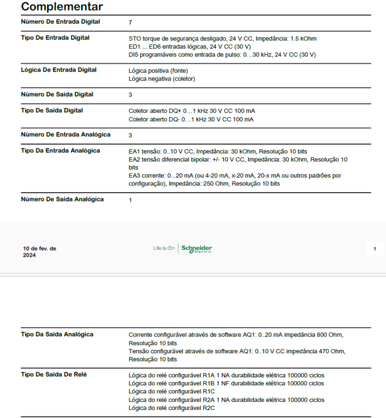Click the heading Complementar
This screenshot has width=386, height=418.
[62, 7]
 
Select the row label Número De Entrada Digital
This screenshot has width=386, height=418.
[61, 22]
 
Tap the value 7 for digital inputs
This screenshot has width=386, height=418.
[130, 23]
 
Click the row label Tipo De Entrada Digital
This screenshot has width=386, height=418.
[55, 38]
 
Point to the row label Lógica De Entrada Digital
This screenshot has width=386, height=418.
[58, 70]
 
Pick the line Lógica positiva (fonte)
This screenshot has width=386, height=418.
[155, 71]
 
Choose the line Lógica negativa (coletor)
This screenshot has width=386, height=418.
[162, 79]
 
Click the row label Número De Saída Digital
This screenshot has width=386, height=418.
[57, 94]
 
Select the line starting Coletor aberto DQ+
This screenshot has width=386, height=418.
[192, 111]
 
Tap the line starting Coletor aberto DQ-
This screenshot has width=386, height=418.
[191, 120]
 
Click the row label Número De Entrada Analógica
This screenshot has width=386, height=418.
[66, 135]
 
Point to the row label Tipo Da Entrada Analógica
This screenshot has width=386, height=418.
[61, 150]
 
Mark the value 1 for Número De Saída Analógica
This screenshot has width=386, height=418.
[130, 200]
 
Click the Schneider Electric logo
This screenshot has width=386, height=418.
[197, 249]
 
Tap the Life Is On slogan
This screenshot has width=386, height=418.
[164, 248]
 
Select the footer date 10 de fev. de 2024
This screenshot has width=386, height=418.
[40, 252]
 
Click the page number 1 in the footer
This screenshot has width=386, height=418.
[374, 249]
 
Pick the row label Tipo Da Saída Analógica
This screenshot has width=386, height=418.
[57, 334]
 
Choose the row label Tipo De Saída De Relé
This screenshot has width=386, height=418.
[54, 375]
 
